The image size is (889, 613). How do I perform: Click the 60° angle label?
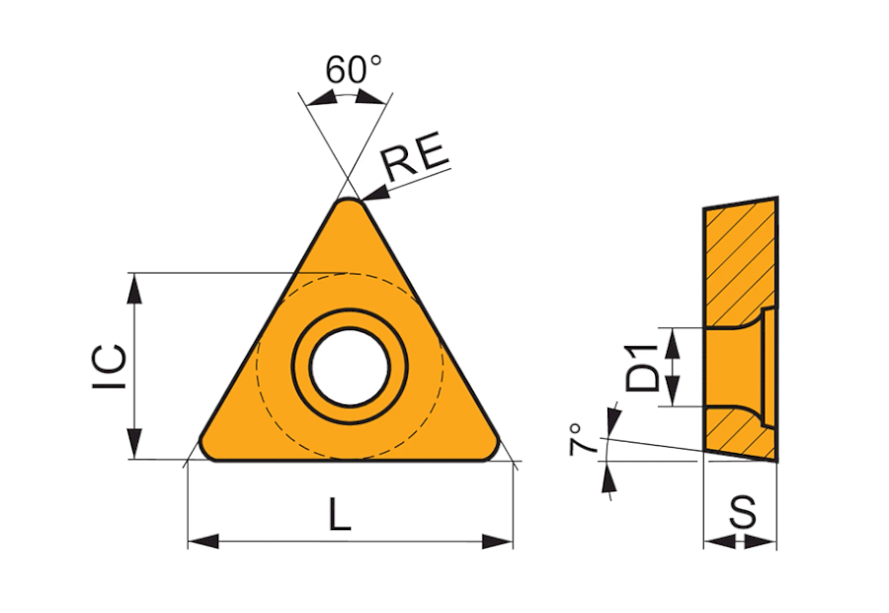click(x=354, y=69)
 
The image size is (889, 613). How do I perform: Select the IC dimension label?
click(x=110, y=366)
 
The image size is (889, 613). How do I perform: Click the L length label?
click(x=340, y=513)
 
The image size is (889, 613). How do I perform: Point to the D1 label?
click(x=643, y=367)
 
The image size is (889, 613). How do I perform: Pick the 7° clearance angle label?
click(x=584, y=439)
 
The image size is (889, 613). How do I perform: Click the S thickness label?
click(x=742, y=511)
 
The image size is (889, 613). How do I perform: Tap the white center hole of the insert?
click(x=350, y=367)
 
